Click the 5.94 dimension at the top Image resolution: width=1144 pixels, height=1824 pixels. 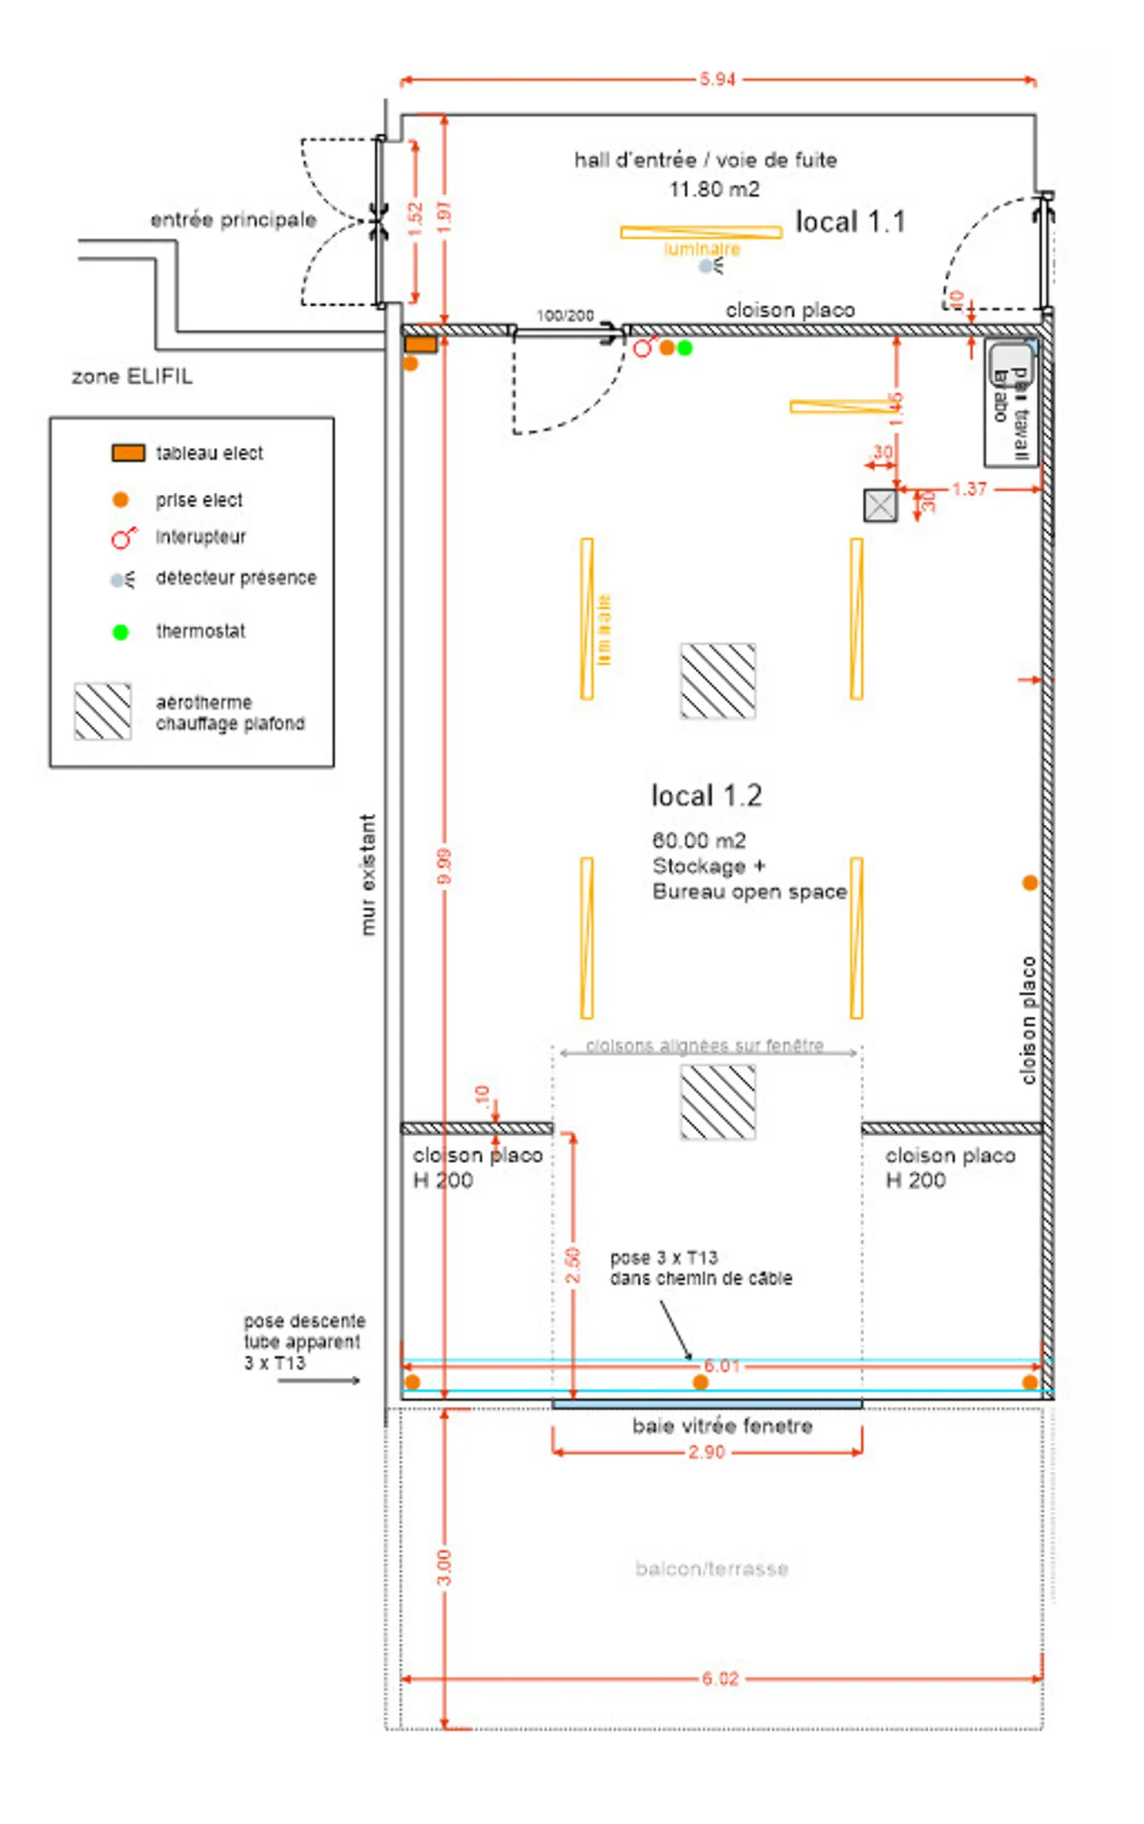(717, 79)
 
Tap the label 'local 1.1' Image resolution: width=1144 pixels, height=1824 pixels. (850, 222)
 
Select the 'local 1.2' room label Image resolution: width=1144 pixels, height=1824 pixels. (706, 795)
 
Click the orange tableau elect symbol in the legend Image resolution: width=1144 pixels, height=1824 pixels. (128, 453)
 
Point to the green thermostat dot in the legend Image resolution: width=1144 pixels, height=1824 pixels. (120, 632)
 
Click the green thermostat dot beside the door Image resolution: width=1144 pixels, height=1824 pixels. (684, 348)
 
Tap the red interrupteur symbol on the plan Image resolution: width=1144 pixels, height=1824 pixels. (644, 347)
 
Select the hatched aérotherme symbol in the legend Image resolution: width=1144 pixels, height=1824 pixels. (102, 711)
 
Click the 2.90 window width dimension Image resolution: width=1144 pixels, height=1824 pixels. (706, 1452)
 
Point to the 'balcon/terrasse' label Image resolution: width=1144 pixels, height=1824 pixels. (712, 1568)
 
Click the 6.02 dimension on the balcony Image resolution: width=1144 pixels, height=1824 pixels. (720, 1679)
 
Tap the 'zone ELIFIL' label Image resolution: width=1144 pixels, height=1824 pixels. (132, 377)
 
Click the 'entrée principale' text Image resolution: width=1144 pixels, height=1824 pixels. (234, 219)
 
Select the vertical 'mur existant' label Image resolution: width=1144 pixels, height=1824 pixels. (368, 874)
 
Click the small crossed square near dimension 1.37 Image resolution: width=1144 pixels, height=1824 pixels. (880, 505)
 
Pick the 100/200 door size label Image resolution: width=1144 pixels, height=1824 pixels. (565, 315)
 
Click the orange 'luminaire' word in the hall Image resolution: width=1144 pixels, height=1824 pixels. (702, 249)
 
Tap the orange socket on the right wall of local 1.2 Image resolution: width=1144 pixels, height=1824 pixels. (1030, 883)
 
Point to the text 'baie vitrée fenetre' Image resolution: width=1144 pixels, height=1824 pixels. (722, 1426)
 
